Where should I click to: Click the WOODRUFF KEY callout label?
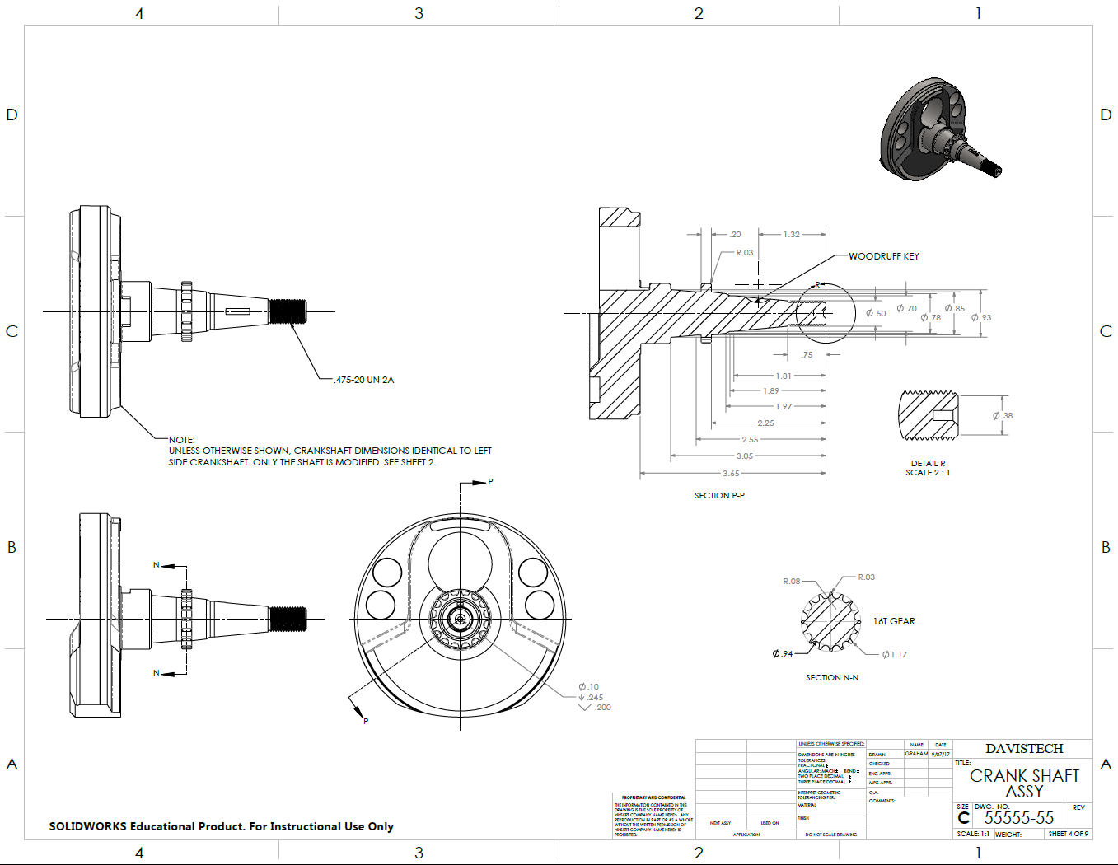pos(883,256)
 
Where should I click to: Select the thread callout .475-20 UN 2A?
pos(364,380)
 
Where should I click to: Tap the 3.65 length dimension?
pos(731,474)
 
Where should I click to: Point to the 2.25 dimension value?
pos(765,423)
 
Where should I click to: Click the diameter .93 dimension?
pos(981,317)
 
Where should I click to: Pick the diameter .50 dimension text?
pos(876,313)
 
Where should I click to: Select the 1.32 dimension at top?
pos(791,235)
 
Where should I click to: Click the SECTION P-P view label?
pos(718,496)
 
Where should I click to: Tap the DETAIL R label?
pos(928,463)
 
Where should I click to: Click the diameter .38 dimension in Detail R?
pos(1003,416)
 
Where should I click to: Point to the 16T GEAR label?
pos(894,621)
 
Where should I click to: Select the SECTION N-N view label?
pos(831,678)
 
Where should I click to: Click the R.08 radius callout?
pos(791,582)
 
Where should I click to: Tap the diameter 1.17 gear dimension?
pos(894,655)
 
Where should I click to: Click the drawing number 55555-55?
pos(1018,818)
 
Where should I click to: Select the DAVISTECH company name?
pos(1024,749)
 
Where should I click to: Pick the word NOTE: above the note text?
pos(181,440)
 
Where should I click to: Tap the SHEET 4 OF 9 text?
pos(1068,834)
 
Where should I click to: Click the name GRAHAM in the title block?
pos(916,754)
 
